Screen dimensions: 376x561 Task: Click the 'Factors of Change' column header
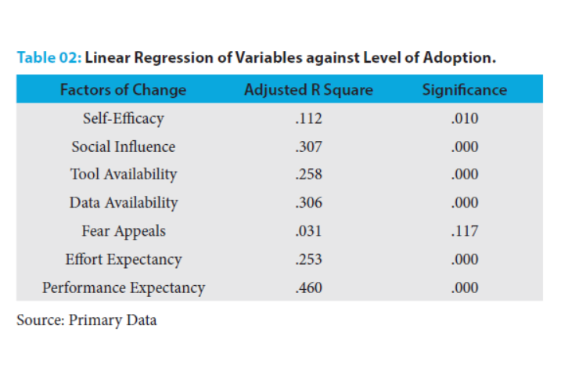(123, 89)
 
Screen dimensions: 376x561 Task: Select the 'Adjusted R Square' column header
(308, 89)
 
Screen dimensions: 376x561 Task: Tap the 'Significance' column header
(464, 89)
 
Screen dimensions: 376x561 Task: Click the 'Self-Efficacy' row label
(123, 118)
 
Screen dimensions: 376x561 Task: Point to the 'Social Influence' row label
(123, 146)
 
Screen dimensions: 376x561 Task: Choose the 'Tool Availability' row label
(123, 174)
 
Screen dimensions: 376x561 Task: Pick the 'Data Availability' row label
(123, 202)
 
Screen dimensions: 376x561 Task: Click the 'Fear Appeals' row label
(123, 231)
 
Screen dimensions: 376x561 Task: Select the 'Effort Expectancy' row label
(123, 259)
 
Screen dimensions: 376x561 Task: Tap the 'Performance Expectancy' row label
(123, 287)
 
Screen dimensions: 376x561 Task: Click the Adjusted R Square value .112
(308, 118)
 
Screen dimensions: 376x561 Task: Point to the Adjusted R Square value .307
(308, 146)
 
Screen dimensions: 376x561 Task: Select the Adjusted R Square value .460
(308, 287)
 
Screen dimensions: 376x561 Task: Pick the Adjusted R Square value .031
(308, 231)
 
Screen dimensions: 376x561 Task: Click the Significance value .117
(465, 231)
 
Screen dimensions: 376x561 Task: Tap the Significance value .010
(465, 118)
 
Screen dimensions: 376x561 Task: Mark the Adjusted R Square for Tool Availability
(308, 174)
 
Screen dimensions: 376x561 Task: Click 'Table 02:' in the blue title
(49, 58)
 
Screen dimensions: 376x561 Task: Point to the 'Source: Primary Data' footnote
(86, 320)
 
